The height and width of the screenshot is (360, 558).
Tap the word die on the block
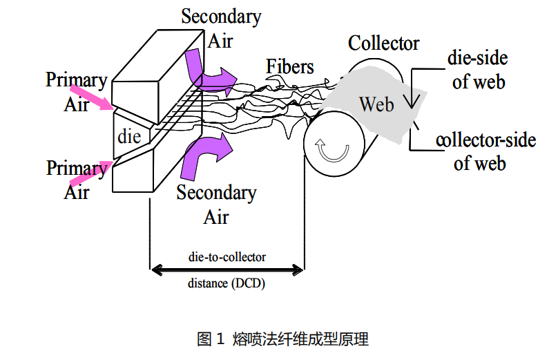[x=129, y=135]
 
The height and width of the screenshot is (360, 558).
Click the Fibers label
[x=290, y=67]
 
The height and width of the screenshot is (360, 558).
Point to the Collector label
[x=383, y=44]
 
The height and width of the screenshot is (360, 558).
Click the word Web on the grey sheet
[x=376, y=104]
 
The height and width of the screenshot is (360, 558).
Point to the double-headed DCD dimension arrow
[x=227, y=269]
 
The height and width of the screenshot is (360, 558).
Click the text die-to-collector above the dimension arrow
[x=227, y=256]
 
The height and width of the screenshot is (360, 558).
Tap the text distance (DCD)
[x=227, y=283]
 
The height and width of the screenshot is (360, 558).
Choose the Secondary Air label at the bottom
[x=216, y=205]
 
